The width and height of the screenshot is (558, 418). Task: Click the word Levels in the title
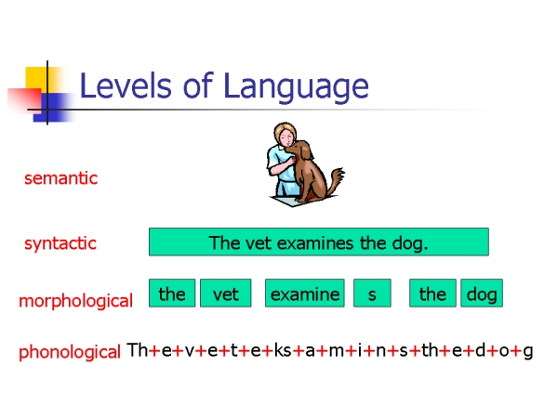(126, 85)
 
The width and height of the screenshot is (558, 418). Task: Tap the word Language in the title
(297, 87)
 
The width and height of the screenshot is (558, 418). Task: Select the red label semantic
(60, 177)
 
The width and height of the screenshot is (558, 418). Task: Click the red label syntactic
(60, 243)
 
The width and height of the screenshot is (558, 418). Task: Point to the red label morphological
(76, 301)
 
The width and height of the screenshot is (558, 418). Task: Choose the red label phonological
(70, 352)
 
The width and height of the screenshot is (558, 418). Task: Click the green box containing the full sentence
(319, 242)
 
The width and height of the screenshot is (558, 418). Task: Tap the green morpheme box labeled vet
(226, 294)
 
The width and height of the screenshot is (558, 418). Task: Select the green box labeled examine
(305, 294)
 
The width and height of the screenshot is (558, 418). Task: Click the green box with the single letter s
(372, 294)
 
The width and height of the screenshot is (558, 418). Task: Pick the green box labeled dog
(482, 294)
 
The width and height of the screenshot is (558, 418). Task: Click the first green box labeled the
(172, 294)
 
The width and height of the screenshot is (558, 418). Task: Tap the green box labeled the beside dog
(432, 294)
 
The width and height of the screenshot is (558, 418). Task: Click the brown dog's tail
(337, 178)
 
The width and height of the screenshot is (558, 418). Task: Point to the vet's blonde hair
(284, 131)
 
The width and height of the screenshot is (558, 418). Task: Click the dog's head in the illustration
(299, 150)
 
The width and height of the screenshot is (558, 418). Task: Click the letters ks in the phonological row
(283, 350)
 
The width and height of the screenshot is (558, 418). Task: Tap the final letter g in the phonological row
(528, 352)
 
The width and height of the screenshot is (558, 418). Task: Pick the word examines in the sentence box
(315, 243)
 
